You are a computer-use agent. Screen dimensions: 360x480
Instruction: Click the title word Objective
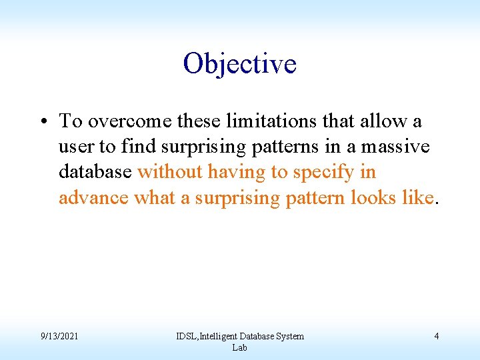(240, 64)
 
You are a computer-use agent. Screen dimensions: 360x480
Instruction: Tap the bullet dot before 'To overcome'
(41, 122)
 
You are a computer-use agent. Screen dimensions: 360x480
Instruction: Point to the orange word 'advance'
(94, 198)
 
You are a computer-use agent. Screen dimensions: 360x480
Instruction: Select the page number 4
(436, 336)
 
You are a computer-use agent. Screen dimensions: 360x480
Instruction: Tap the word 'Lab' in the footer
(240, 347)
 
